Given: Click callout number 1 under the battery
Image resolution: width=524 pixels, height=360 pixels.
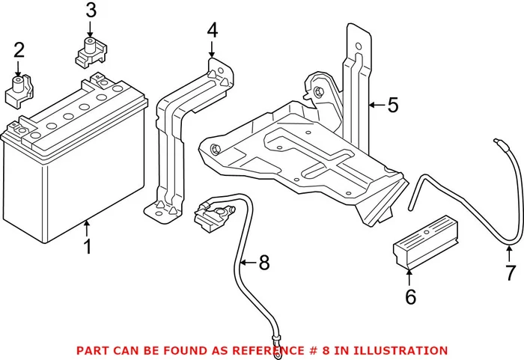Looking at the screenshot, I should click(x=88, y=245).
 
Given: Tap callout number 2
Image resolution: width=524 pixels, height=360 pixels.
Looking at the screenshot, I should click(x=19, y=51).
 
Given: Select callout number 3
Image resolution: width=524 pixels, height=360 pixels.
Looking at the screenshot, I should click(x=91, y=11).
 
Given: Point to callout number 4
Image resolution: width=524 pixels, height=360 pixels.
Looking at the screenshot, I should click(x=212, y=31).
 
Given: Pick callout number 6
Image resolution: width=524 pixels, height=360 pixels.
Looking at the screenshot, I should click(x=410, y=296).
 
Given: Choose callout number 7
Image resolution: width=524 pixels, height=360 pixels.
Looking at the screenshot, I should click(x=511, y=272).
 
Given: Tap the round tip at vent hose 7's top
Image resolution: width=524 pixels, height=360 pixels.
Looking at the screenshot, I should click(x=495, y=141).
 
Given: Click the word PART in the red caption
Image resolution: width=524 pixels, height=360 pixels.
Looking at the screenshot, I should click(x=90, y=350).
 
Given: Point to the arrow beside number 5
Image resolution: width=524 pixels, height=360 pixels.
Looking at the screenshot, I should click(x=376, y=106).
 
